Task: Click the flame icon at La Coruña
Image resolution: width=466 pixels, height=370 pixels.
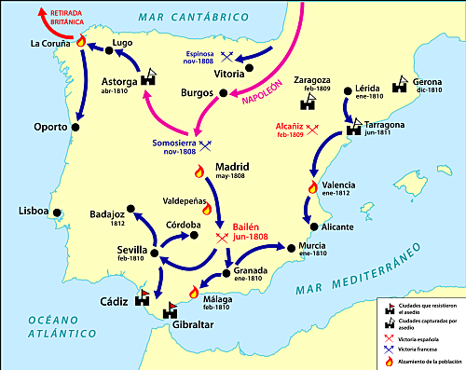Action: [x=80, y=42]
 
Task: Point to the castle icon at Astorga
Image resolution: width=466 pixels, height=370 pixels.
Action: [x=148, y=81]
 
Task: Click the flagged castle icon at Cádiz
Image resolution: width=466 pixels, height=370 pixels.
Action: [x=143, y=299]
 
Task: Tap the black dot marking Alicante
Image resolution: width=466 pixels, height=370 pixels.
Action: [x=314, y=226]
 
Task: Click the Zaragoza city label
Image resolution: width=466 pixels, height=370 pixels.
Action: [x=313, y=81]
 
